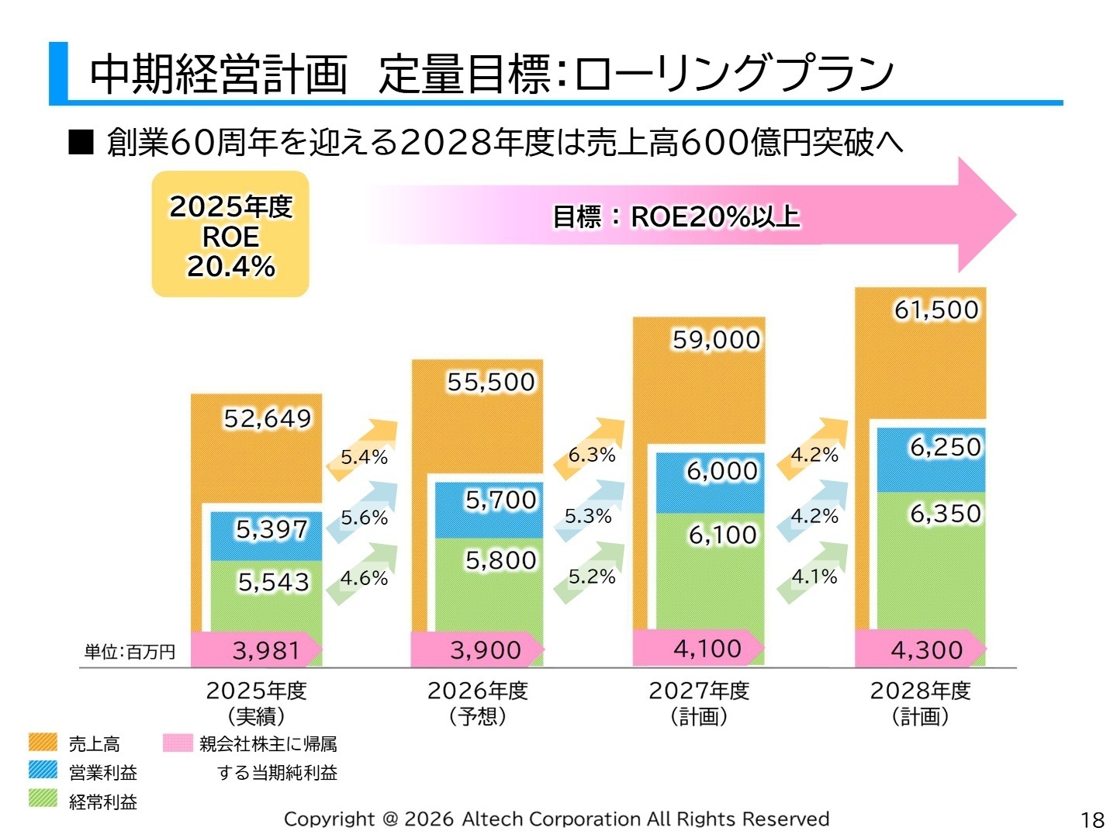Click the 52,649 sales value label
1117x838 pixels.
[267, 419]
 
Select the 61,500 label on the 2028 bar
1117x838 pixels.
[936, 310]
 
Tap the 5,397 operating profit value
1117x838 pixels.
[271, 529]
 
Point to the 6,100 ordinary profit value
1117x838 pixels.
[722, 535]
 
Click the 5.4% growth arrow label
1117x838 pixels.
[364, 456]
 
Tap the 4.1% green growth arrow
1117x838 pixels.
[814, 577]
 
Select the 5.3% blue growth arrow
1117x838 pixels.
[588, 516]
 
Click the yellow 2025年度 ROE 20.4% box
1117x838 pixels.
[230, 235]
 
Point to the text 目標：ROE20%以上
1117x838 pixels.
[675, 216]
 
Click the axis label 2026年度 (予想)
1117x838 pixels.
[478, 703]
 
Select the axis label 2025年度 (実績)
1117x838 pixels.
[256, 703]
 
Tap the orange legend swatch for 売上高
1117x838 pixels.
[43, 743]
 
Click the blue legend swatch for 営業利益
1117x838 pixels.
[43, 770]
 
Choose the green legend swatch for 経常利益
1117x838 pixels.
[43, 798]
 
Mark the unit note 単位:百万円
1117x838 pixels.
[130, 652]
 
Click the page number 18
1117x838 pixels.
[1092, 819]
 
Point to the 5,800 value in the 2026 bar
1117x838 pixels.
[500, 560]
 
